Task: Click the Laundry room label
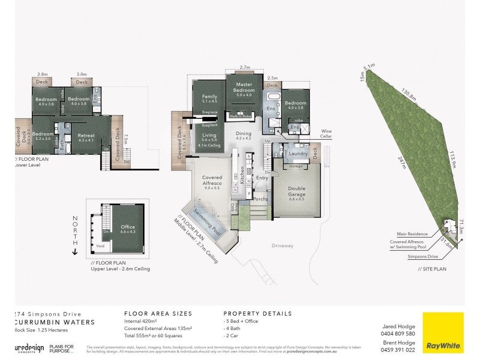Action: coord(298,154)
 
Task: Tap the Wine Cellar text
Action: coord(326,133)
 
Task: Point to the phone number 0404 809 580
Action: coord(398,333)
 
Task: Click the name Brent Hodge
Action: coord(398,342)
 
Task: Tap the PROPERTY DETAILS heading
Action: coord(257,313)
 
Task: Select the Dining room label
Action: coord(243,136)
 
